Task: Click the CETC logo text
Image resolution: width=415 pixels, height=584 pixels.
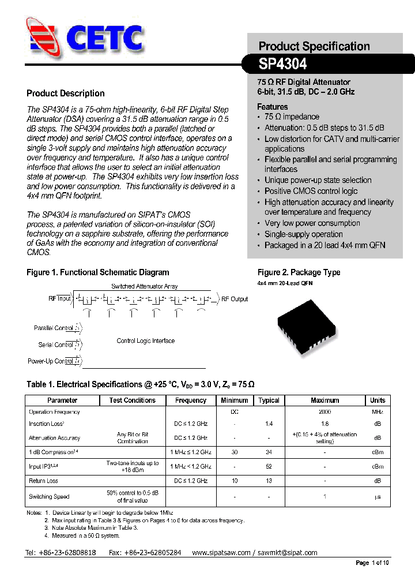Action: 104,39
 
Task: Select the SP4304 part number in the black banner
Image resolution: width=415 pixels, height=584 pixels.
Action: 282,63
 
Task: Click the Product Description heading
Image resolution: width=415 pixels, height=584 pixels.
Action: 66,93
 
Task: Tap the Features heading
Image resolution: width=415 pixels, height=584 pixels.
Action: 272,107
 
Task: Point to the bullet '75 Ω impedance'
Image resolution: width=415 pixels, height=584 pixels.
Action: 292,117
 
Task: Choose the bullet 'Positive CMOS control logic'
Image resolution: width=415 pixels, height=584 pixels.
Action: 311,191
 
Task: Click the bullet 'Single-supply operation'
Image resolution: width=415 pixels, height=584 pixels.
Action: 303,234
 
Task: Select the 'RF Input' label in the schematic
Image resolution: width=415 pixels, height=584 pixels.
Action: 59,299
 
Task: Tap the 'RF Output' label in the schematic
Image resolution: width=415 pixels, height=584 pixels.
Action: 235,299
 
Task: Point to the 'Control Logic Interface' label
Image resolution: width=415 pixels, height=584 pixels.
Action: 145,341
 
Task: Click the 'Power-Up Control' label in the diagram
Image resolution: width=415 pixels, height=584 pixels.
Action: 50,361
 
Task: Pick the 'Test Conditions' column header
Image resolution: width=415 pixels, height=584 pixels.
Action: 132,400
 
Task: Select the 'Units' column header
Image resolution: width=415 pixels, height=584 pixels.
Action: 378,400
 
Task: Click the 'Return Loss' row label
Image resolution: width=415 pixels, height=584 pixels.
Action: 43,481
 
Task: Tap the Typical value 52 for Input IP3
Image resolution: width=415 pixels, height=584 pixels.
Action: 269,466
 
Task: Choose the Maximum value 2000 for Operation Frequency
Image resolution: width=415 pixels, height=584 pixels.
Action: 325,412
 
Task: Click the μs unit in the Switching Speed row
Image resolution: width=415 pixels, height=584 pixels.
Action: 378,497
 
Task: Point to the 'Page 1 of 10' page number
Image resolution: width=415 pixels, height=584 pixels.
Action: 372,563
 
